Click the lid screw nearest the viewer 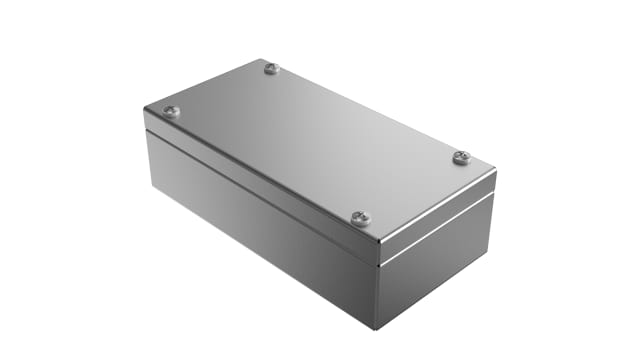coord(361,218)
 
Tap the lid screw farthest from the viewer coord(272,68)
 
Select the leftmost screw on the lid coord(170,112)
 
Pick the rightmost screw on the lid coord(461,157)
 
